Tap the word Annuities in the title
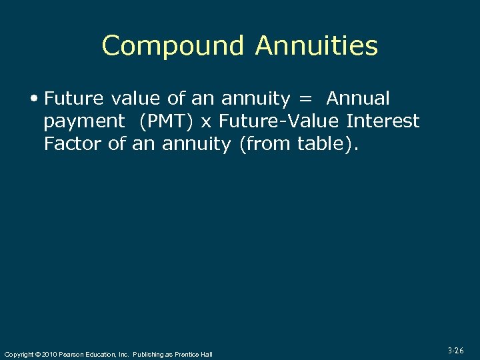tap(316, 46)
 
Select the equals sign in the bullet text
tap(305, 99)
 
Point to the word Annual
tap(358, 99)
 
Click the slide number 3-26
tap(456, 349)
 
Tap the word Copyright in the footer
tap(17, 354)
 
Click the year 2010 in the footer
tap(48, 354)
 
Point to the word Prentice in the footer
tap(187, 354)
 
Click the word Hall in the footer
tap(207, 354)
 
